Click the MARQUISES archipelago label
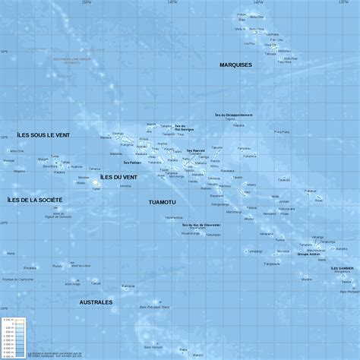click(235, 65)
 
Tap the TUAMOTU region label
click(162, 202)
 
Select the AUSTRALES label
click(96, 302)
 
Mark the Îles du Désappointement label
click(234, 115)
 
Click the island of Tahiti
click(96, 184)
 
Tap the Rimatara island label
click(30, 267)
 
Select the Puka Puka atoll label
click(282, 132)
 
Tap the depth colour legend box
click(15, 335)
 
